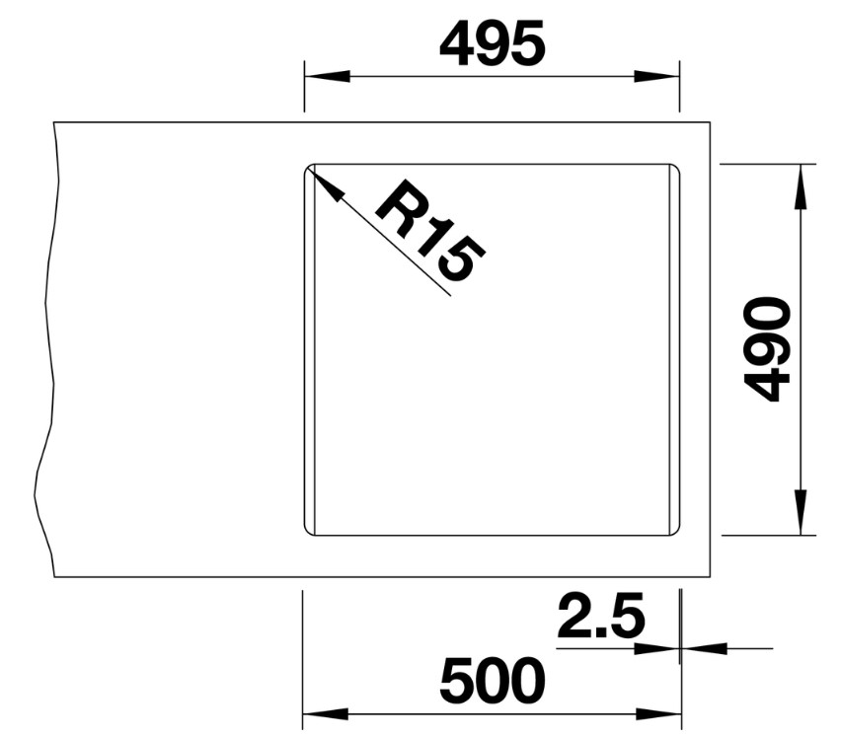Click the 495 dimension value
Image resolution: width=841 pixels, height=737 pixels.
[492, 44]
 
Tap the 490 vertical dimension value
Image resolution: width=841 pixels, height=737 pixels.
[767, 349]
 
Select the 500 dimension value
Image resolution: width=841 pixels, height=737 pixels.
[492, 681]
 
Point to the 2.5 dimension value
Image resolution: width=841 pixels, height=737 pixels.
[601, 617]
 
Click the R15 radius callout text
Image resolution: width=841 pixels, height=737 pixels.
[430, 231]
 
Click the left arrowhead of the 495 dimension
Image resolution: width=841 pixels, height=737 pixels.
[327, 76]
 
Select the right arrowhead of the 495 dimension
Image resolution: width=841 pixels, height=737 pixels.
[656, 76]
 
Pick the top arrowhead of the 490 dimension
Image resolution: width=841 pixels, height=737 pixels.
[801, 186]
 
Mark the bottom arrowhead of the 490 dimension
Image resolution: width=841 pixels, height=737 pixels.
[801, 512]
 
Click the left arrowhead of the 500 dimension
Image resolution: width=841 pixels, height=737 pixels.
[326, 714]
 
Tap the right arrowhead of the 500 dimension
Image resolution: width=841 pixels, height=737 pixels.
[658, 714]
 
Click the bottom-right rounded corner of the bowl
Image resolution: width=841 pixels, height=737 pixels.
[677, 532]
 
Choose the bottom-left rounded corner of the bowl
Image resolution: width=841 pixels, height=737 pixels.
[307, 532]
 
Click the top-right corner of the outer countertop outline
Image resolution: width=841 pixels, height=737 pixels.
[710, 122]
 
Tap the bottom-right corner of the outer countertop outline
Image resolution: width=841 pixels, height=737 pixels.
[710, 577]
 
